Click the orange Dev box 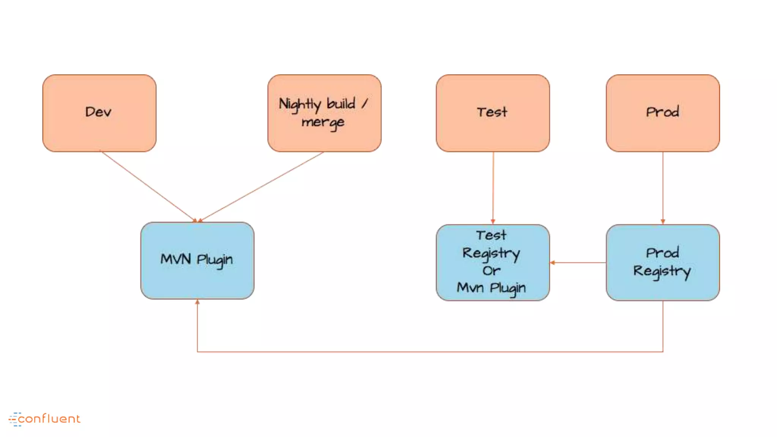(99, 113)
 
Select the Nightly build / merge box (324, 113)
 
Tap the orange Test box (493, 113)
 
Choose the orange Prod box (663, 113)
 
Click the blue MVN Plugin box (197, 261)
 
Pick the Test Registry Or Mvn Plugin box (493, 263)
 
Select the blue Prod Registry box (663, 263)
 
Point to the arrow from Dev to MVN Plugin (148, 186)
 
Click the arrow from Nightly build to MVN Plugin (262, 186)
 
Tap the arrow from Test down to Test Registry (493, 188)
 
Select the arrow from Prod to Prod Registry (663, 188)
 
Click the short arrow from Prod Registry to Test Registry (578, 263)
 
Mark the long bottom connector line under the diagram (429, 352)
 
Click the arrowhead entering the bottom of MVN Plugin (197, 302)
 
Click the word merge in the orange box (323, 123)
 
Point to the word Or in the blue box (491, 270)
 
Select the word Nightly (300, 104)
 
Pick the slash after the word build (364, 104)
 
